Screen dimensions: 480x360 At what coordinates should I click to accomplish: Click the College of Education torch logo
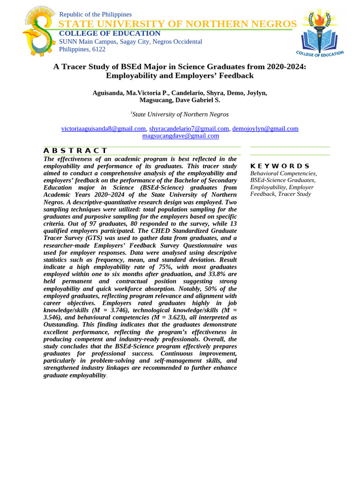click(321, 33)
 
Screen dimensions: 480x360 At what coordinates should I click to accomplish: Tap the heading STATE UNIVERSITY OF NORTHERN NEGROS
click(177, 24)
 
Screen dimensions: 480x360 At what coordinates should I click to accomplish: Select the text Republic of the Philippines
click(95, 15)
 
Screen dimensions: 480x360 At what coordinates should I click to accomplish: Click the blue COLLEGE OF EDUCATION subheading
click(109, 33)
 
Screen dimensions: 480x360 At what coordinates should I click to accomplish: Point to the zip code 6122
click(98, 49)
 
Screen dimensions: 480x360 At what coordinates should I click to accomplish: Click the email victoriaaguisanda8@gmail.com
click(104, 128)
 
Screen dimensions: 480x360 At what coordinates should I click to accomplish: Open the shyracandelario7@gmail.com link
click(189, 128)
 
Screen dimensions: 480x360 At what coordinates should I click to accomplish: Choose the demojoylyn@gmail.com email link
click(265, 128)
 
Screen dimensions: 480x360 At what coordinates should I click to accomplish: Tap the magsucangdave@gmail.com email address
click(180, 136)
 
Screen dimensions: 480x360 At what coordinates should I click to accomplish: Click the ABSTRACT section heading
click(75, 150)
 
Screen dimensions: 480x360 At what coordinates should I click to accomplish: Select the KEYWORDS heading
click(280, 166)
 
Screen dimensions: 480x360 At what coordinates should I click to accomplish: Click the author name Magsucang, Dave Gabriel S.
click(180, 100)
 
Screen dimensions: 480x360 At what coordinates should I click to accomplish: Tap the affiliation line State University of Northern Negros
click(180, 114)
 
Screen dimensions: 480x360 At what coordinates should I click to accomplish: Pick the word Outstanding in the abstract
click(61, 324)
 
